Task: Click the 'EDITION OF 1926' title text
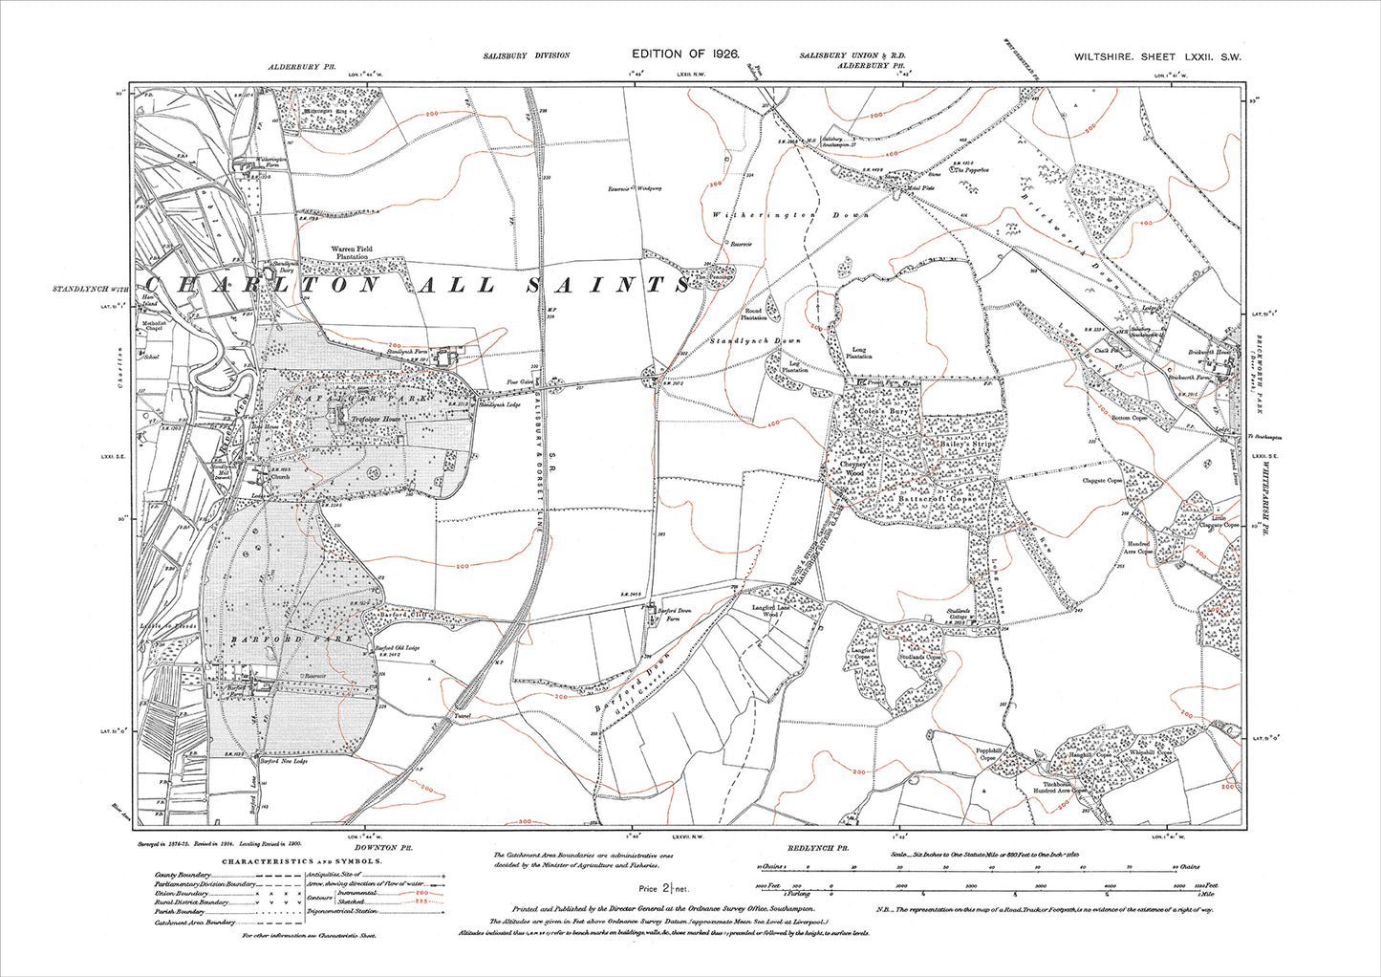click(685, 55)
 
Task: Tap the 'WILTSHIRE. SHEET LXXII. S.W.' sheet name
click(1157, 57)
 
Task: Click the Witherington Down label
click(790, 215)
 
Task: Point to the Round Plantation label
click(754, 315)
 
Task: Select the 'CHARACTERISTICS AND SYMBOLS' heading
click(301, 860)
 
